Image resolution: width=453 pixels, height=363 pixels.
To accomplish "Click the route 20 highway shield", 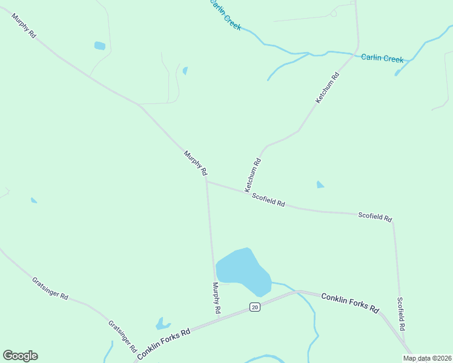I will (254, 307).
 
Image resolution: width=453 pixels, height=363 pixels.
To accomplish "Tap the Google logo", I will (20, 356).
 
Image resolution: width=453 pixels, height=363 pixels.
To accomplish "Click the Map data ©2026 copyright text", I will (427, 358).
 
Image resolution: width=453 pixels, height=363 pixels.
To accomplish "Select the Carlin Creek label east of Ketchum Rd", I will (382, 58).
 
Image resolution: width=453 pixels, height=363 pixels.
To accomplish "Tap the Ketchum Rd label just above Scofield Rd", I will (253, 175).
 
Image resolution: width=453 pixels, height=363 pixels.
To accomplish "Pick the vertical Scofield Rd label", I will (401, 313).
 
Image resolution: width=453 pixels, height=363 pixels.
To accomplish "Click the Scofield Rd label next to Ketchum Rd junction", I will (268, 200).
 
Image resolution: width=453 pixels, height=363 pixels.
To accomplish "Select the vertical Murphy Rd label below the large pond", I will (216, 297).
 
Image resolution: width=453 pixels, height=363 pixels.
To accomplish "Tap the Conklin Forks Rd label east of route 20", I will (350, 302).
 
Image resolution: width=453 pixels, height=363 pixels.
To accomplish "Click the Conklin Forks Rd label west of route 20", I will (164, 344).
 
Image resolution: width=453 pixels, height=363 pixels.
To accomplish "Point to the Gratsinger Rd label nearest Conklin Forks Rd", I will (123, 336).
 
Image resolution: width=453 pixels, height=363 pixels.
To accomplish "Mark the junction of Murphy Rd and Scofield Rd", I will (207, 180).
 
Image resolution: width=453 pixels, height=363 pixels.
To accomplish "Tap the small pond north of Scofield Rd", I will (320, 185).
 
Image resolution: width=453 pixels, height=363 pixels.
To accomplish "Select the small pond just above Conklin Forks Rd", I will (162, 324).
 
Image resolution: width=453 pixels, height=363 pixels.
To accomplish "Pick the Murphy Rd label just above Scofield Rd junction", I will (196, 163).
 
